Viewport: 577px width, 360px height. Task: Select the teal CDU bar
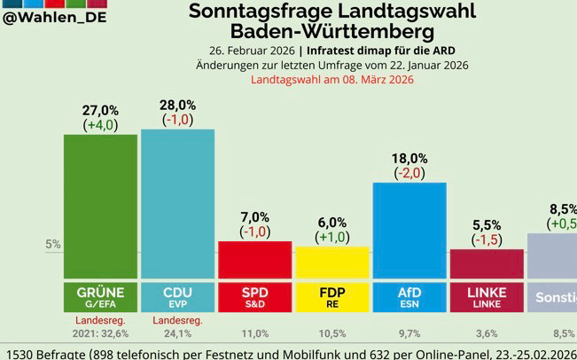tap(177, 204)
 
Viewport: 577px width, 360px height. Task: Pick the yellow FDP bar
tap(332, 262)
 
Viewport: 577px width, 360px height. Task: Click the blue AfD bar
tap(409, 231)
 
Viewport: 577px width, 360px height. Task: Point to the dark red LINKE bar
tap(487, 264)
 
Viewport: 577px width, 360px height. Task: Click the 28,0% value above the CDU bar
tap(177, 105)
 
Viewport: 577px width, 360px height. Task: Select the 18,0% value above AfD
tap(409, 158)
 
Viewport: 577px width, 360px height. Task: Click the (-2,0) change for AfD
tap(409, 172)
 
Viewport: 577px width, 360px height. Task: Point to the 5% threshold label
tap(52, 245)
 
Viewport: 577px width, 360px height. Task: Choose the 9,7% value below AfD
tap(409, 334)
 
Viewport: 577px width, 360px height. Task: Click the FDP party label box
tap(332, 297)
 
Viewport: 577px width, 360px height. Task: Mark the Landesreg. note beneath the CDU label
tap(177, 321)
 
